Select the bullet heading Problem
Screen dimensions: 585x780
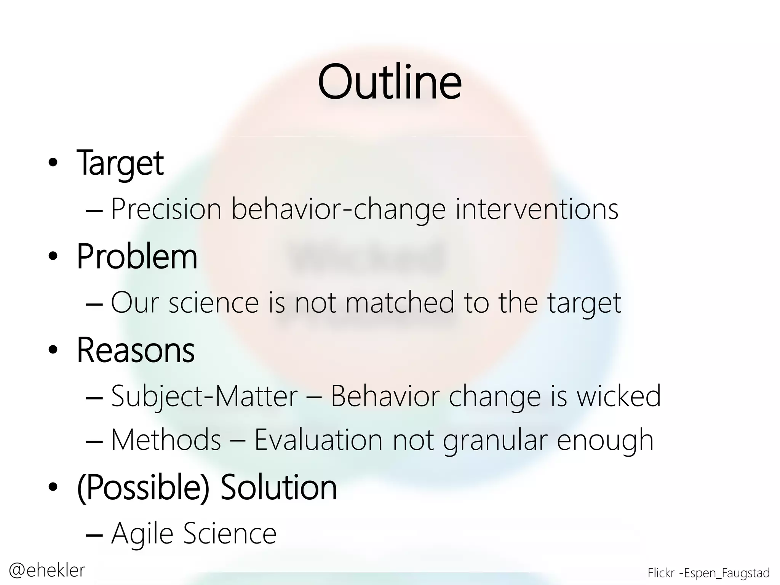pyautogui.click(x=137, y=256)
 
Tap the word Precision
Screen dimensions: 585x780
pyautogui.click(x=166, y=209)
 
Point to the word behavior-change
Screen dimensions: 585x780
pyautogui.click(x=339, y=209)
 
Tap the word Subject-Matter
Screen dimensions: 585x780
pyautogui.click(x=204, y=396)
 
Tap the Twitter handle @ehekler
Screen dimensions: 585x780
pyautogui.click(x=47, y=570)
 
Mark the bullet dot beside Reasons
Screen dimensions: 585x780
pyautogui.click(x=53, y=350)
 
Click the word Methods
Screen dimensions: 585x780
pyautogui.click(x=166, y=440)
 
